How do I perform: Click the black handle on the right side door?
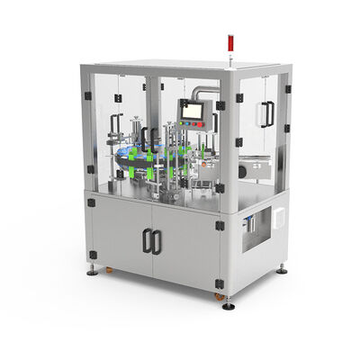[x=266, y=113]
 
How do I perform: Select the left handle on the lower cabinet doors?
[x=148, y=240]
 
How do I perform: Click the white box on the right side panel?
[x=279, y=217]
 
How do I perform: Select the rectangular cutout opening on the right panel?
[x=253, y=226]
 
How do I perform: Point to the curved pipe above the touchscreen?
[x=205, y=91]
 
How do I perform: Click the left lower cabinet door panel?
[x=121, y=231]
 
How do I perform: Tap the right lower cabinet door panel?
[x=184, y=247]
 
